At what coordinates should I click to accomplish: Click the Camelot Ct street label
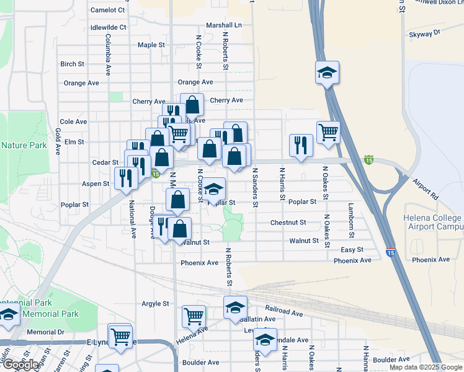coord(107,10)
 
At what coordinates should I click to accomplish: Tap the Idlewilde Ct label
coord(108,27)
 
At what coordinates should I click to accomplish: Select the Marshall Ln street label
coord(225,25)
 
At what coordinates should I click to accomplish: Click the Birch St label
coord(72,64)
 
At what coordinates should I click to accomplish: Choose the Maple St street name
coord(151,45)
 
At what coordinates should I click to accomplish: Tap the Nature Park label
coord(24,145)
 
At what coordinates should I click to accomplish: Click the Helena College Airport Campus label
coord(433,223)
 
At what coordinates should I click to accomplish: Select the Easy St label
coord(352,249)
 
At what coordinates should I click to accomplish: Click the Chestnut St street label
coord(288,222)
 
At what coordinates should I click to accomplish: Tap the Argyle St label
coord(155,303)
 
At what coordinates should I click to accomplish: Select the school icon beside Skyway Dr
coord(327,73)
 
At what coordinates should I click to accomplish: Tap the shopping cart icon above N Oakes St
coord(328,131)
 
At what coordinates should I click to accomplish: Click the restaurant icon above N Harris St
coord(301,145)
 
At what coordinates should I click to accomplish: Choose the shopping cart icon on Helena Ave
coord(194,316)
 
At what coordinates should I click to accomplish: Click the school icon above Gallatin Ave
coord(235,307)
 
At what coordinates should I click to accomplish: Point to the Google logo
coord(20,365)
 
